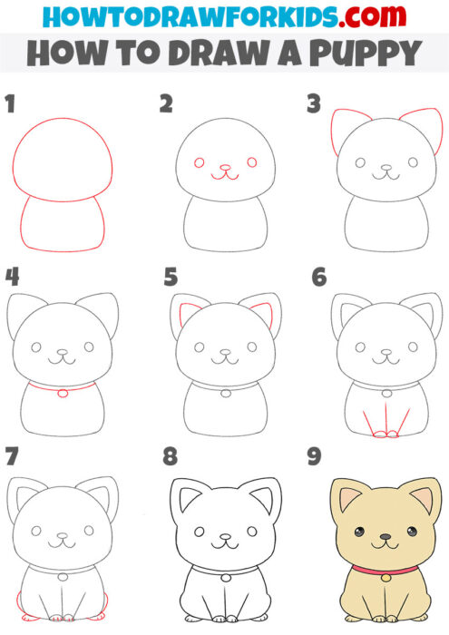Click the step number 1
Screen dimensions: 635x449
[10, 104]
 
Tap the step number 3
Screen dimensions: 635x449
[314, 104]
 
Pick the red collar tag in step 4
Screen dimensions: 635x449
[62, 394]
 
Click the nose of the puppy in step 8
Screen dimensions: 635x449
[223, 535]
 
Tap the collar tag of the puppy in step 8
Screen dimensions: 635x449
[224, 575]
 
